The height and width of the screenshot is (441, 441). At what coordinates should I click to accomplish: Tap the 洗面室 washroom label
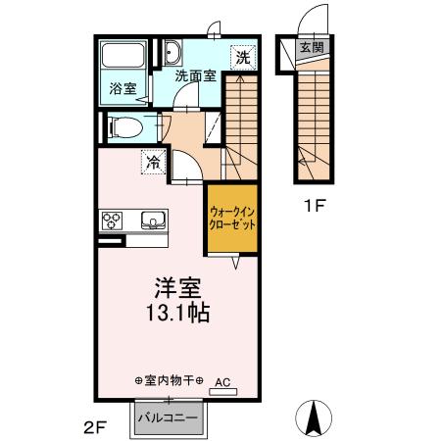195,74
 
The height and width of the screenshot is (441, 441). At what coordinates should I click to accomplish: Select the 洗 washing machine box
243,57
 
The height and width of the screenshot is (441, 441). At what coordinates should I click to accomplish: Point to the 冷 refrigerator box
153,163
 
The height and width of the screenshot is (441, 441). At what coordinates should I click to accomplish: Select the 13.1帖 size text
177,316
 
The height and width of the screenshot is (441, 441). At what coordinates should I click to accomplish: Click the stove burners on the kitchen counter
111,220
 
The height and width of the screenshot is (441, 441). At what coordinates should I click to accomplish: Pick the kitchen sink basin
153,220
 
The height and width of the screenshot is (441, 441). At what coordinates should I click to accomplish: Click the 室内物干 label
168,379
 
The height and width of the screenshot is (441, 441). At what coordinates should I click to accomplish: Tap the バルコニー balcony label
168,417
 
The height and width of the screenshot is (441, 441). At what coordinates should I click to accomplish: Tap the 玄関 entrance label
311,47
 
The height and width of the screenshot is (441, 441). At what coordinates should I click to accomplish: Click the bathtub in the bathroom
122,58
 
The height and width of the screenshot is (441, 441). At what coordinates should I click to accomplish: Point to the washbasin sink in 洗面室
172,53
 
